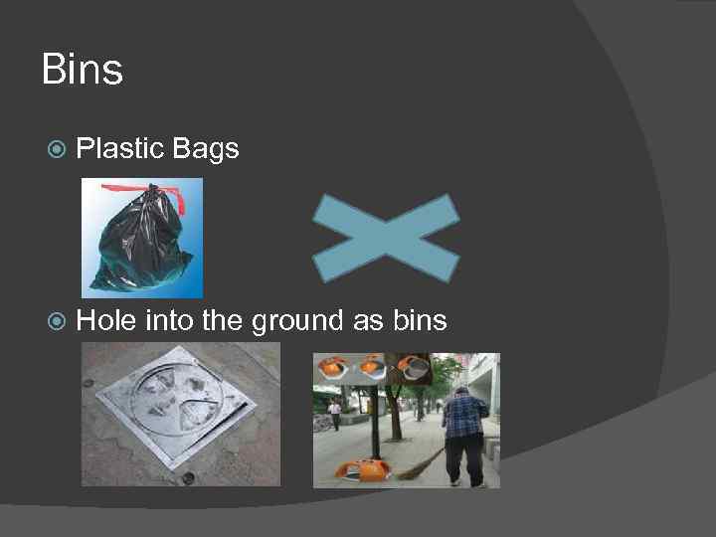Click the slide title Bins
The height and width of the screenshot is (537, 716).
coord(83,71)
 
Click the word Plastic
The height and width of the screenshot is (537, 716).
coord(120,149)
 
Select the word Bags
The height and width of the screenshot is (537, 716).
coord(206,150)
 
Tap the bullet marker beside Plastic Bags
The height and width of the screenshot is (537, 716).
coord(58,150)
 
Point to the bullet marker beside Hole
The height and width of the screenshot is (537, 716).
coord(58,321)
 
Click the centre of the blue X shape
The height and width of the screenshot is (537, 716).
coord(386,237)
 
